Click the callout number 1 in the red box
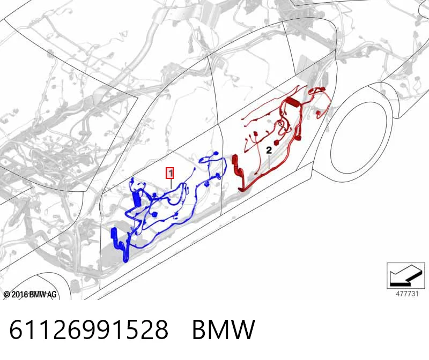[x=170, y=173]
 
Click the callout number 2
[x=269, y=150]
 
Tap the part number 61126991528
[x=88, y=329]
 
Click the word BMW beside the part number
[x=224, y=329]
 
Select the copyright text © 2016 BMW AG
[x=30, y=295]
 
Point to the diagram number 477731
[x=408, y=294]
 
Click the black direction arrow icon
[x=406, y=275]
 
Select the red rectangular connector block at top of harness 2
[x=293, y=101]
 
